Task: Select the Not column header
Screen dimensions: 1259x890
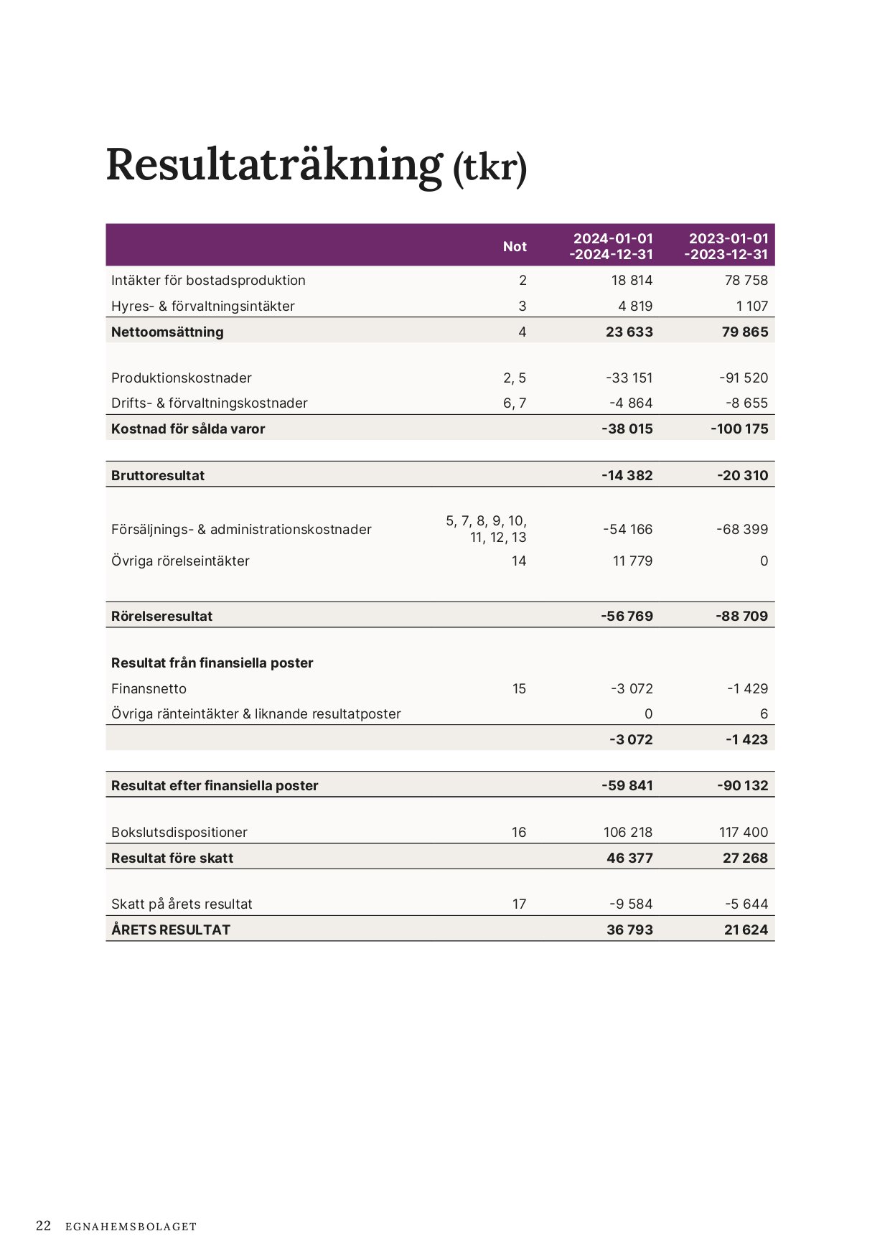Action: coord(515,246)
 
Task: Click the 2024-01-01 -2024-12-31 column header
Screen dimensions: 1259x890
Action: coord(612,246)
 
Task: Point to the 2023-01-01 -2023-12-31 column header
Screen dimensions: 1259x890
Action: coord(726,246)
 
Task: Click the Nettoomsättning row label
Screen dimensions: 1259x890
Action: coord(167,332)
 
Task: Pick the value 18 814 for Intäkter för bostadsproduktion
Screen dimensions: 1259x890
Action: coord(632,280)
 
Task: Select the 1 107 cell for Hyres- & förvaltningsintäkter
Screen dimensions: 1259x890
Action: coord(751,306)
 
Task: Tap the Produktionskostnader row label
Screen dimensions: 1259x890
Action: coord(182,378)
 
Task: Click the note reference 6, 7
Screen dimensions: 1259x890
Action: coord(515,403)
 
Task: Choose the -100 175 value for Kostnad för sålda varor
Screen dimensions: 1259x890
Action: coord(739,429)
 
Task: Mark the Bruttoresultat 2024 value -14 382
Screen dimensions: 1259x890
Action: coord(627,475)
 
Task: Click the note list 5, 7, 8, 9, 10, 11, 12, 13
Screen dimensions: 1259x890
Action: coord(487,529)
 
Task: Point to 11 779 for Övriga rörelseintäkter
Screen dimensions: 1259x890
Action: coord(632,561)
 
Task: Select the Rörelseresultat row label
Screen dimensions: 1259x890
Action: coord(161,616)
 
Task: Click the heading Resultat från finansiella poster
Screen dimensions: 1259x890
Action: coord(212,663)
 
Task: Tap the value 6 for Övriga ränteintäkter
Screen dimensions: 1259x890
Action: coord(764,713)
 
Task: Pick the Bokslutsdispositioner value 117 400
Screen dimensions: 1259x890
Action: coord(743,832)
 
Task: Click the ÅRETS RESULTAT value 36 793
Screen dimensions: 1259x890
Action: coord(629,930)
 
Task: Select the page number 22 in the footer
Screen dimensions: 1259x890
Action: coord(44,1225)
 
